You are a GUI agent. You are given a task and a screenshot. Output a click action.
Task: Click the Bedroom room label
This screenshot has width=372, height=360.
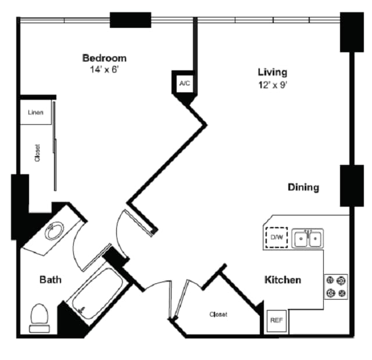pyautogui.click(x=104, y=58)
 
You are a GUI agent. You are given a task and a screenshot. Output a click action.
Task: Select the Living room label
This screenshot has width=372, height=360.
pyautogui.click(x=273, y=73)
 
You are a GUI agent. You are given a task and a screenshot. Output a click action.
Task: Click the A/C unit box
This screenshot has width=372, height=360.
pyautogui.click(x=184, y=84)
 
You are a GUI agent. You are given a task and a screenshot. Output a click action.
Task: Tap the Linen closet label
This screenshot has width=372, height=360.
pyautogui.click(x=36, y=112)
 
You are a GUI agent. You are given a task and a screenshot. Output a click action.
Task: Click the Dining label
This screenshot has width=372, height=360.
pyautogui.click(x=303, y=188)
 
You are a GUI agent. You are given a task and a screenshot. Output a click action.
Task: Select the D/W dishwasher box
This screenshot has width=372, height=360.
pyautogui.click(x=277, y=237)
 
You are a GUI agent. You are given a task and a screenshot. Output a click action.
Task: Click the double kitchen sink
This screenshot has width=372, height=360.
pyautogui.click(x=308, y=238)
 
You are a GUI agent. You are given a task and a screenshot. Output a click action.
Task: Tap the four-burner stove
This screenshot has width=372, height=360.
pyautogui.click(x=335, y=286)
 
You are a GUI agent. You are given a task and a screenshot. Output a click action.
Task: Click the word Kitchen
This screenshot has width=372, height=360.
pyautogui.click(x=283, y=280)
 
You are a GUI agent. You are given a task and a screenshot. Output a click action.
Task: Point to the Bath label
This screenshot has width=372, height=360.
pyautogui.click(x=51, y=280)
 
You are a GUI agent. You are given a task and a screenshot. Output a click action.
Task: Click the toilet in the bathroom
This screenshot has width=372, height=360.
pyautogui.click(x=40, y=317)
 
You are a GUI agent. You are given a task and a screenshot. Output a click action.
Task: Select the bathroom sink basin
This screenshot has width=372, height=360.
pyautogui.click(x=54, y=232)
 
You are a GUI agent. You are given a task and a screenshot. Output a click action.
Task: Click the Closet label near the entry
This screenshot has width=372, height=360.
pyautogui.click(x=219, y=315)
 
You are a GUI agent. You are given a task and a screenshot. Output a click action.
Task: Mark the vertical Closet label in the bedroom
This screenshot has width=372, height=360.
pyautogui.click(x=37, y=152)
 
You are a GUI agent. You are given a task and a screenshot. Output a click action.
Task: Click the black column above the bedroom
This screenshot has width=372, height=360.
pyautogui.click(x=130, y=20)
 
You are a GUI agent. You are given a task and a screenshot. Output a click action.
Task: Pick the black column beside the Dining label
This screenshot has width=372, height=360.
pyautogui.click(x=351, y=186)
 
